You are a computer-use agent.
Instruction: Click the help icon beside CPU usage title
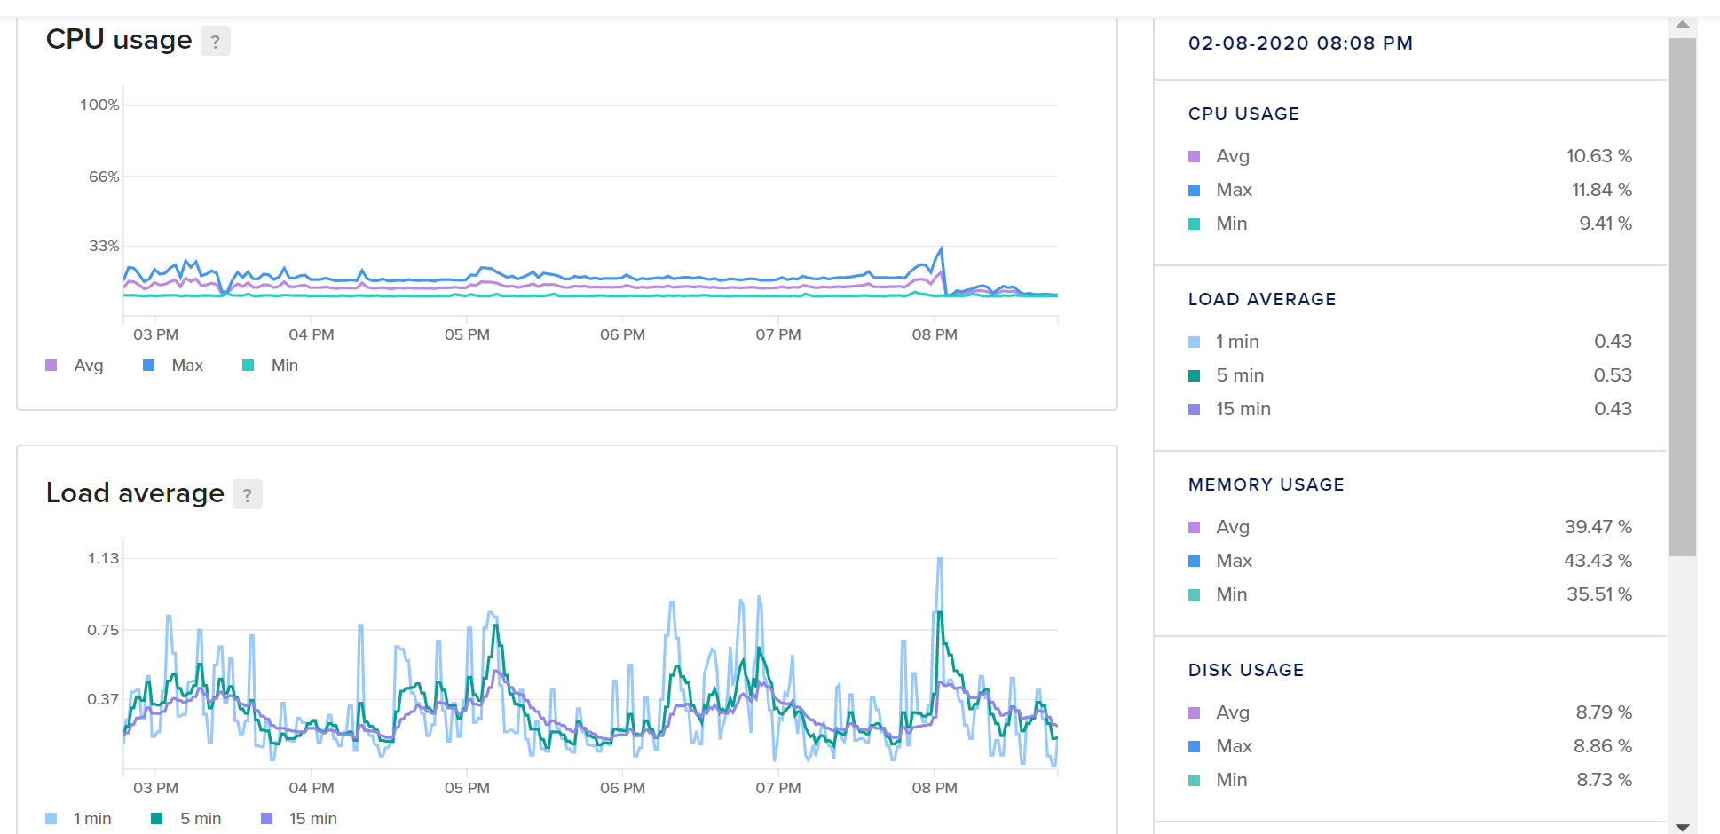click(216, 41)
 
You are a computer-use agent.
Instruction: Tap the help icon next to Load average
click(248, 494)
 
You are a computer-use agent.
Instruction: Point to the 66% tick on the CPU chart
click(103, 177)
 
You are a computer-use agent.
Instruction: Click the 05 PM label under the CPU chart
click(467, 334)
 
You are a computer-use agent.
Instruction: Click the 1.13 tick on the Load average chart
click(103, 558)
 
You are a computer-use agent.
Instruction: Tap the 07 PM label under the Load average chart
click(778, 788)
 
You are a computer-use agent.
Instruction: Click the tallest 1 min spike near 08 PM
click(940, 560)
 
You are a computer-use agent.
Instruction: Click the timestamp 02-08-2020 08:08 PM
click(1300, 43)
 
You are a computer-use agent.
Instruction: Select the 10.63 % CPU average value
click(1598, 156)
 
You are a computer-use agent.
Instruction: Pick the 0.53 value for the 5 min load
click(1612, 375)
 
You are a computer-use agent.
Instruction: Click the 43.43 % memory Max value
click(1598, 561)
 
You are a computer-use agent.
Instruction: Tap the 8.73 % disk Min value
click(1604, 780)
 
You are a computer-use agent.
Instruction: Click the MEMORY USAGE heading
click(1266, 484)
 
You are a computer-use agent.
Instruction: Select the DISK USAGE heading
click(1245, 670)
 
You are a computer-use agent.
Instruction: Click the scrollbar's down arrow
click(1682, 827)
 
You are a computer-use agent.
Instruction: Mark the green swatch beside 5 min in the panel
click(1195, 375)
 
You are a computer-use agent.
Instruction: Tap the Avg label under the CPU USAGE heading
click(1233, 156)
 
